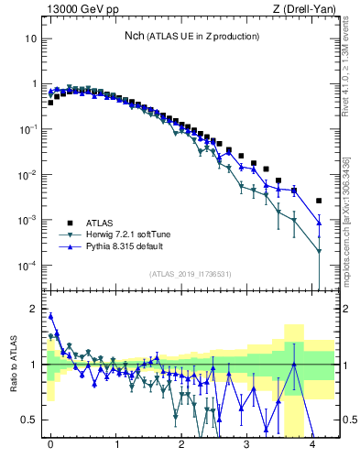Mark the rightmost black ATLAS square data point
tap(319, 201)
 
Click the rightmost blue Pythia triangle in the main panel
tap(319, 223)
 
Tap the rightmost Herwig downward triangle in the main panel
tap(319, 251)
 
